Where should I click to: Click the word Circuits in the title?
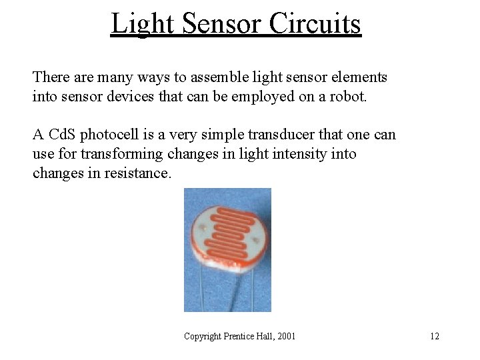click(x=315, y=23)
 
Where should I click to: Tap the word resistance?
click(x=137, y=173)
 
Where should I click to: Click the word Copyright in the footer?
click(x=203, y=336)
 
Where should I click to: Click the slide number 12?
click(x=434, y=336)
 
